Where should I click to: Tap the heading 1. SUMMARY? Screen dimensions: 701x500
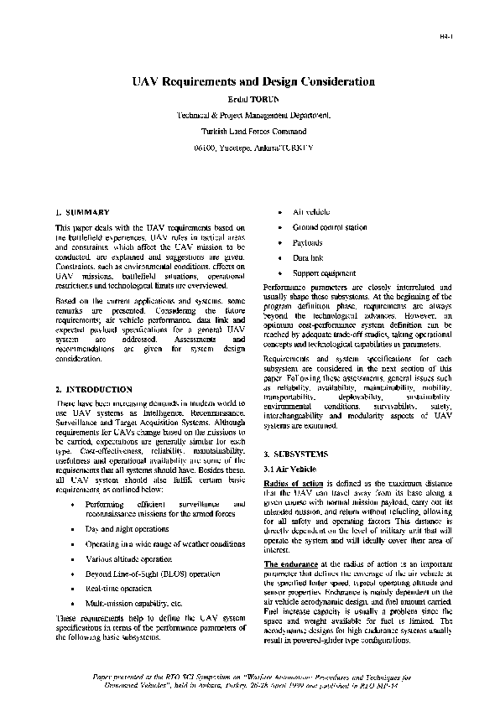pos(82,213)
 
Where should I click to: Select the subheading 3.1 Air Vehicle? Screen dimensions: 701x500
pos(289,468)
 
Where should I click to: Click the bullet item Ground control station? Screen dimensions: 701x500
pos(330,227)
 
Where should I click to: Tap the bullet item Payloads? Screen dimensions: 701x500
pos(307,242)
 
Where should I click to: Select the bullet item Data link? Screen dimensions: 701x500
pos(308,258)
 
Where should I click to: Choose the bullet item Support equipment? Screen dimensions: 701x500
pos(324,273)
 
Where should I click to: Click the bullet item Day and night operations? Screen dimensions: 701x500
pos(127,531)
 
